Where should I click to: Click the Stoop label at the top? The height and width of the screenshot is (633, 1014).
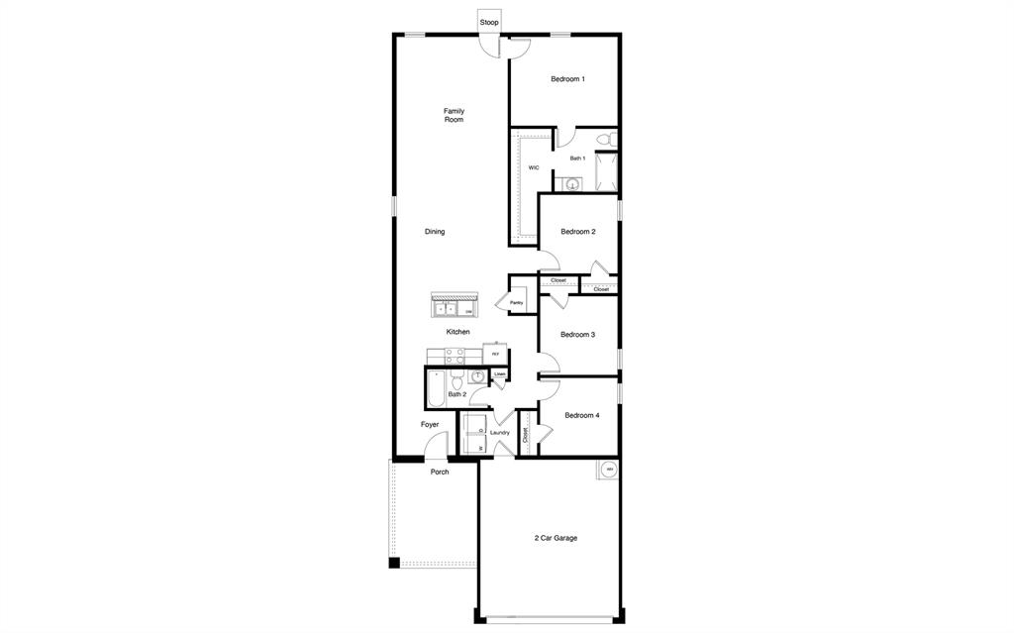489,22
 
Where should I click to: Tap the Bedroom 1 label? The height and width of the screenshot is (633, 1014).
567,79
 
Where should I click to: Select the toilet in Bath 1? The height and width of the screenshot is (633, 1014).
611,139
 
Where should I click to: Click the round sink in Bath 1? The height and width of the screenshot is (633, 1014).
572,184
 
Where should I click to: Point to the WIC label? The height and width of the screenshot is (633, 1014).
534,168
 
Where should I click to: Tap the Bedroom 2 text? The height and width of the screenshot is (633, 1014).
577,232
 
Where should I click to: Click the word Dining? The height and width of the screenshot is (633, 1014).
435,232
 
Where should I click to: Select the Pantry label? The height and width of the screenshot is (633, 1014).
516,303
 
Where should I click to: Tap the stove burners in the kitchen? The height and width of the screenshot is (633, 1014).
456,356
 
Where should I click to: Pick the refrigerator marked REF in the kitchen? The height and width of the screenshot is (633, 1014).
495,354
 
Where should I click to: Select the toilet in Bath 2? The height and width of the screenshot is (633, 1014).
456,382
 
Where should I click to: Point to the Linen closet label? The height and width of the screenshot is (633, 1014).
499,374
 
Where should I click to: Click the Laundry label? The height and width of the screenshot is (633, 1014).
500,433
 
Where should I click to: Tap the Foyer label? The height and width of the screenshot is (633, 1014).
430,425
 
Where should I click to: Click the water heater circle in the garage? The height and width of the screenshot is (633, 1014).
609,470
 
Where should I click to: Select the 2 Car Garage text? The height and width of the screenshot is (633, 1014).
556,538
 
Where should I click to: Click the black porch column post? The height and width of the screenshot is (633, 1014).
394,563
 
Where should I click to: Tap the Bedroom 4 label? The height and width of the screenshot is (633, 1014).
582,415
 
